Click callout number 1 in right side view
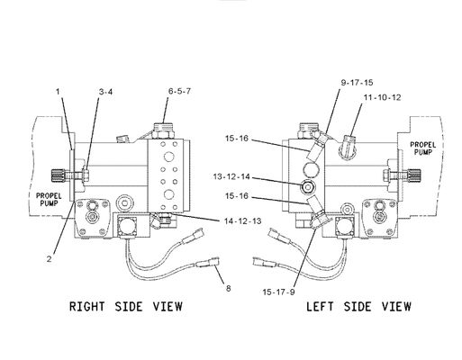click(x=57, y=91)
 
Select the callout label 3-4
click(x=105, y=92)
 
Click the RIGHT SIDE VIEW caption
click(x=125, y=307)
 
